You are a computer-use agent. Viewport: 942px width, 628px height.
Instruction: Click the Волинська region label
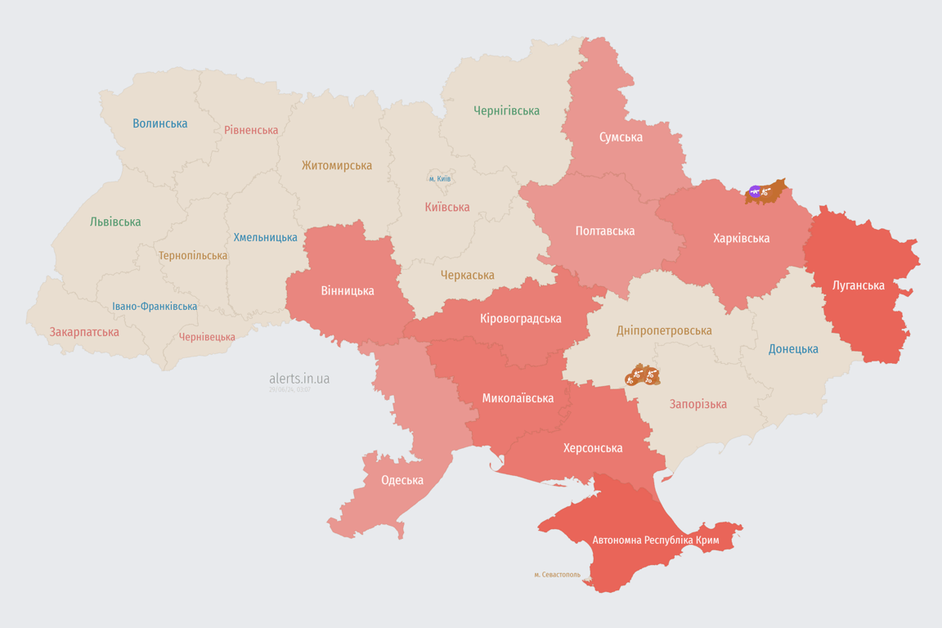pos(160,123)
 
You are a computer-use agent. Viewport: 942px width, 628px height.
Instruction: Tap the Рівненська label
pos(251,130)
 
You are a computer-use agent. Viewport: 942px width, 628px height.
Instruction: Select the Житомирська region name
pos(336,165)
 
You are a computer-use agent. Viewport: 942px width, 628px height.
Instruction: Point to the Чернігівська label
pos(506,110)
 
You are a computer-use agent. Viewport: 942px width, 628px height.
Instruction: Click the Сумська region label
pos(621,137)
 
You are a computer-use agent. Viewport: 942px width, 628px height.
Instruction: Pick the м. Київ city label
pos(439,178)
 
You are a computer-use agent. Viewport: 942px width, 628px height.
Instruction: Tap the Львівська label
pos(115,222)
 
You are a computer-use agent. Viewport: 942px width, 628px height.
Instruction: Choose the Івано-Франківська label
pos(155,307)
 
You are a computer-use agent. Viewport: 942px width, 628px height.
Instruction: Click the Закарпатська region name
pos(84,332)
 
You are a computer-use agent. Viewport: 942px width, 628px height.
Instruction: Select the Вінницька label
pos(348,290)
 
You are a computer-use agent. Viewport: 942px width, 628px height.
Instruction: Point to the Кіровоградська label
pos(521,318)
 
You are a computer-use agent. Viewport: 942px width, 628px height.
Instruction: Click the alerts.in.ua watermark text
pos(299,379)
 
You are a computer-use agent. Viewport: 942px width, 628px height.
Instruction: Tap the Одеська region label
pos(402,480)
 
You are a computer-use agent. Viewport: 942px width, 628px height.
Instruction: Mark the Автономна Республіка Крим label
pos(655,541)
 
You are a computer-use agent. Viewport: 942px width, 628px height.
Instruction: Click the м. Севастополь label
pos(557,575)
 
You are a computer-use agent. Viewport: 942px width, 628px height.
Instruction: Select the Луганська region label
pos(859,285)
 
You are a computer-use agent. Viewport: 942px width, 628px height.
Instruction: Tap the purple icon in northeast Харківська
pos(754,192)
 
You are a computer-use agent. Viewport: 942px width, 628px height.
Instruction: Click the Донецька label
pos(793,349)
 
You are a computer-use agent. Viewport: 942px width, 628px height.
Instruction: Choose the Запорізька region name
pos(698,404)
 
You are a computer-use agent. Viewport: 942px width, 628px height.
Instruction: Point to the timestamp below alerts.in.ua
pos(289,390)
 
